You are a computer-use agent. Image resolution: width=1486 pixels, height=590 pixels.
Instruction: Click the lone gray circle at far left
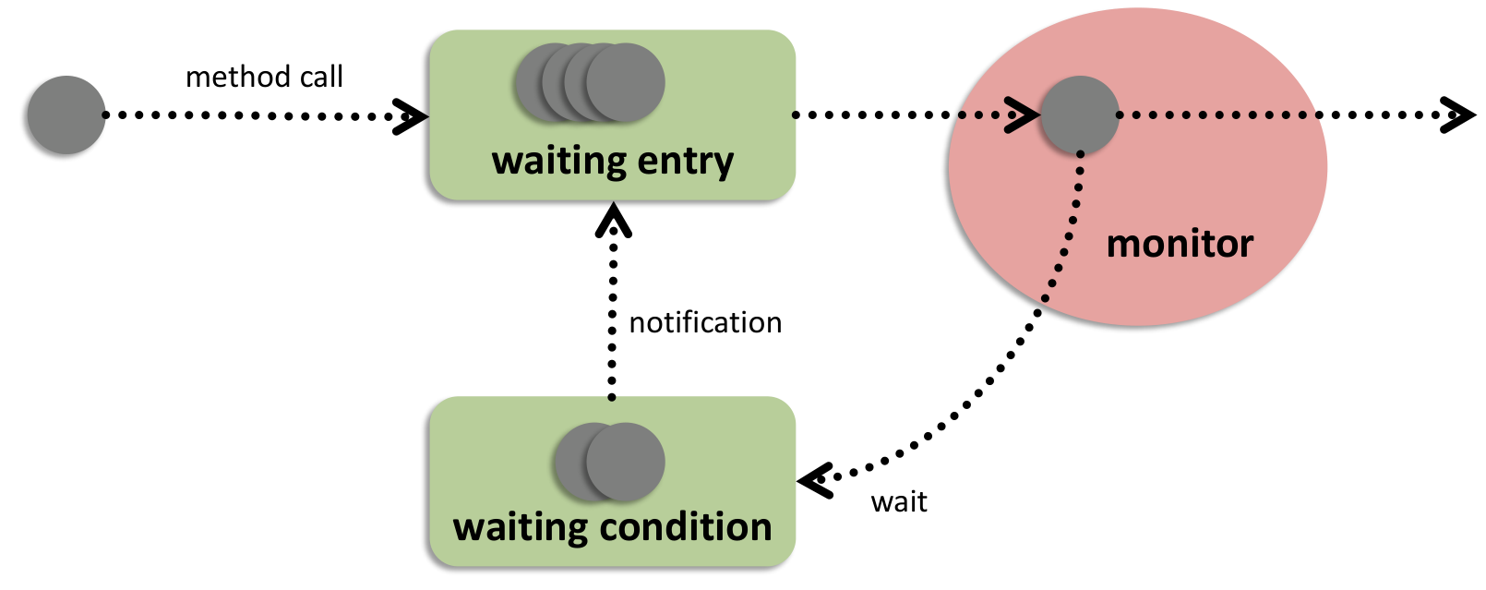(x=66, y=115)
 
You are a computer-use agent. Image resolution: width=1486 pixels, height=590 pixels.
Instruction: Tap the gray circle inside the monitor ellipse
(x=1080, y=115)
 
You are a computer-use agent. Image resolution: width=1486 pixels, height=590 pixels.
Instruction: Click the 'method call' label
(x=264, y=77)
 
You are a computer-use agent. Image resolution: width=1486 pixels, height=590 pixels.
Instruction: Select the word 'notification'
(x=705, y=322)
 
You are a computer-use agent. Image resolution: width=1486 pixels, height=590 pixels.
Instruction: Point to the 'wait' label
(x=899, y=502)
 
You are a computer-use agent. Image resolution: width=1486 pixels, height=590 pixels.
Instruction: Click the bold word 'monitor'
(x=1180, y=244)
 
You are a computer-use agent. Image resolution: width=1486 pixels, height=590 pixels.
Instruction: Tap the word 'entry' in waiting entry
(x=685, y=162)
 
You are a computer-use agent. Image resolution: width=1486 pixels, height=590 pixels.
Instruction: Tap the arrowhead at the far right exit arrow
(x=1460, y=115)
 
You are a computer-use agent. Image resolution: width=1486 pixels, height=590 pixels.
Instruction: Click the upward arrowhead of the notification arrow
(x=613, y=219)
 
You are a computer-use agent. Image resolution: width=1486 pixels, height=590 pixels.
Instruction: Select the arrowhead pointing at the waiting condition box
(x=814, y=480)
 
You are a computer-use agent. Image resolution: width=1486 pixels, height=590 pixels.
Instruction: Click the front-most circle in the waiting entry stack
(x=626, y=82)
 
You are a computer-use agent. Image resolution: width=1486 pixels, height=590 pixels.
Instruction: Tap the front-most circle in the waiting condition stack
(x=626, y=462)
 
